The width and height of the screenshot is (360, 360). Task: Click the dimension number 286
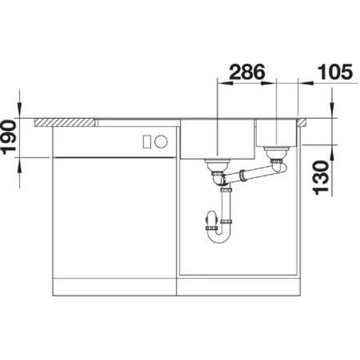tap(247, 72)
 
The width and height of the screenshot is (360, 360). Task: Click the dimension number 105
tap(335, 72)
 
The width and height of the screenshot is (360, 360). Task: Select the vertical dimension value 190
tap(8, 137)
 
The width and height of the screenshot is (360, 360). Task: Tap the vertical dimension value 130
tap(321, 178)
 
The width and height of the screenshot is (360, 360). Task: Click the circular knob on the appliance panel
tap(161, 141)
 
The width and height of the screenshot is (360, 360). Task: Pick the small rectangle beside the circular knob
tap(147, 142)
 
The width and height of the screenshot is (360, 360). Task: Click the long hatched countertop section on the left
tap(65, 122)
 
